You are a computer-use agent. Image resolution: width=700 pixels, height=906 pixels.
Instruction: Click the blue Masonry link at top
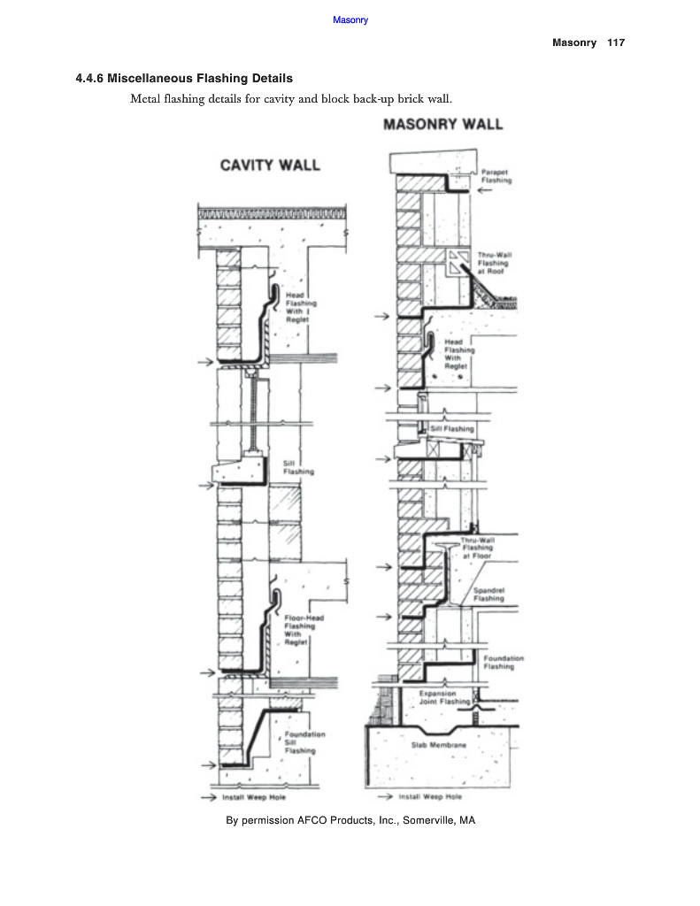coord(350,20)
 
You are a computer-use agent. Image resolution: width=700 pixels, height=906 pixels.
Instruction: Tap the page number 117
coord(616,42)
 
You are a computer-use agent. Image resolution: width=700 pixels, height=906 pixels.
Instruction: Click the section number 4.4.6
coord(90,79)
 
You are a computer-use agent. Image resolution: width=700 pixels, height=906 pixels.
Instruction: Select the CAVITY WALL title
coord(270,165)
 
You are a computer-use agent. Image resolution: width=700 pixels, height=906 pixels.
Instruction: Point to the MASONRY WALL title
coord(442,125)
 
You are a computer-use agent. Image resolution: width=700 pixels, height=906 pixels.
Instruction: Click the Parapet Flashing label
coord(496,176)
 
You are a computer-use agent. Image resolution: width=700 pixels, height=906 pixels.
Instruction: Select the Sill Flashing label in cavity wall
coord(297,467)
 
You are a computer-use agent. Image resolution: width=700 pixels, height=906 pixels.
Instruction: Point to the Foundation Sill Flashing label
coord(304,742)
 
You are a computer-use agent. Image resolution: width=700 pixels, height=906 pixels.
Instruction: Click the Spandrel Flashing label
coord(488,594)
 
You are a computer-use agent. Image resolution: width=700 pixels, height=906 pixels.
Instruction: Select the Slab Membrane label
coord(438,745)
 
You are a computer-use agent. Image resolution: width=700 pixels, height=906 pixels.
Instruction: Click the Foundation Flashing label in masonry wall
coord(503,663)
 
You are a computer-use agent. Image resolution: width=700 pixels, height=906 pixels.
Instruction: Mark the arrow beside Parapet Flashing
coord(485,190)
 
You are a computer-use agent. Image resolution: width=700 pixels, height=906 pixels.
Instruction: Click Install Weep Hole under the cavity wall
coord(254,797)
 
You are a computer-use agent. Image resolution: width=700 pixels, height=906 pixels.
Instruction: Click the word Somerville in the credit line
coord(427,821)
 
